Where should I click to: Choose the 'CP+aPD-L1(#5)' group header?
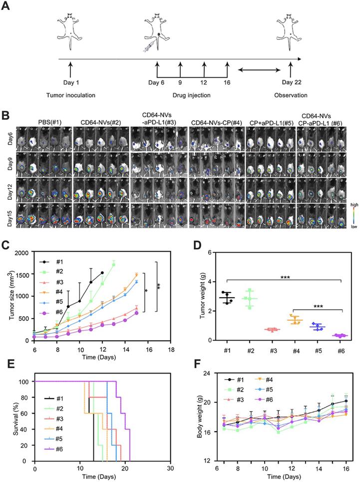point(269,120)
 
